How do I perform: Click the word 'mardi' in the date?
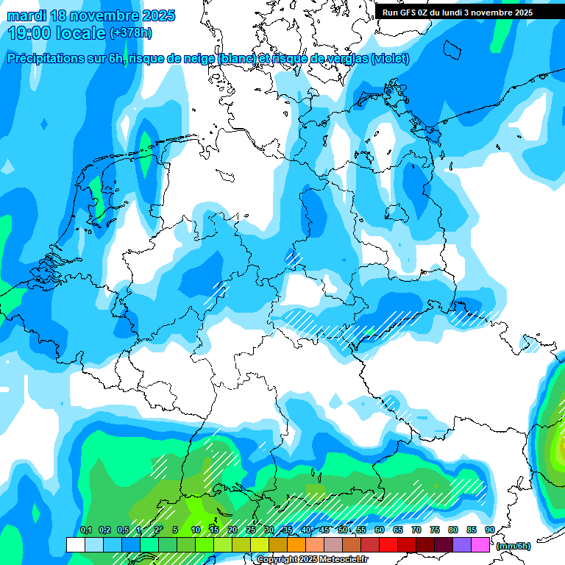26,15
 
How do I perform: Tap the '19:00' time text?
29,32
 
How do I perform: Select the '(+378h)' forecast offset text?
130,32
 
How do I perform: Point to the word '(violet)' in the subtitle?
390,59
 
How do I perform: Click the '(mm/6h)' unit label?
513,546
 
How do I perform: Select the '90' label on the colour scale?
489,530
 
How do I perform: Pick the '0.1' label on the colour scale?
85,530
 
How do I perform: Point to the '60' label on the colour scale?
380,530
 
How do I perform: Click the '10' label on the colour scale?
196,530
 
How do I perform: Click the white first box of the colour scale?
75,544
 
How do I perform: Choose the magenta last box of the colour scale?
480,544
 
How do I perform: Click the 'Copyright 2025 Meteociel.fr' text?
312,559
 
